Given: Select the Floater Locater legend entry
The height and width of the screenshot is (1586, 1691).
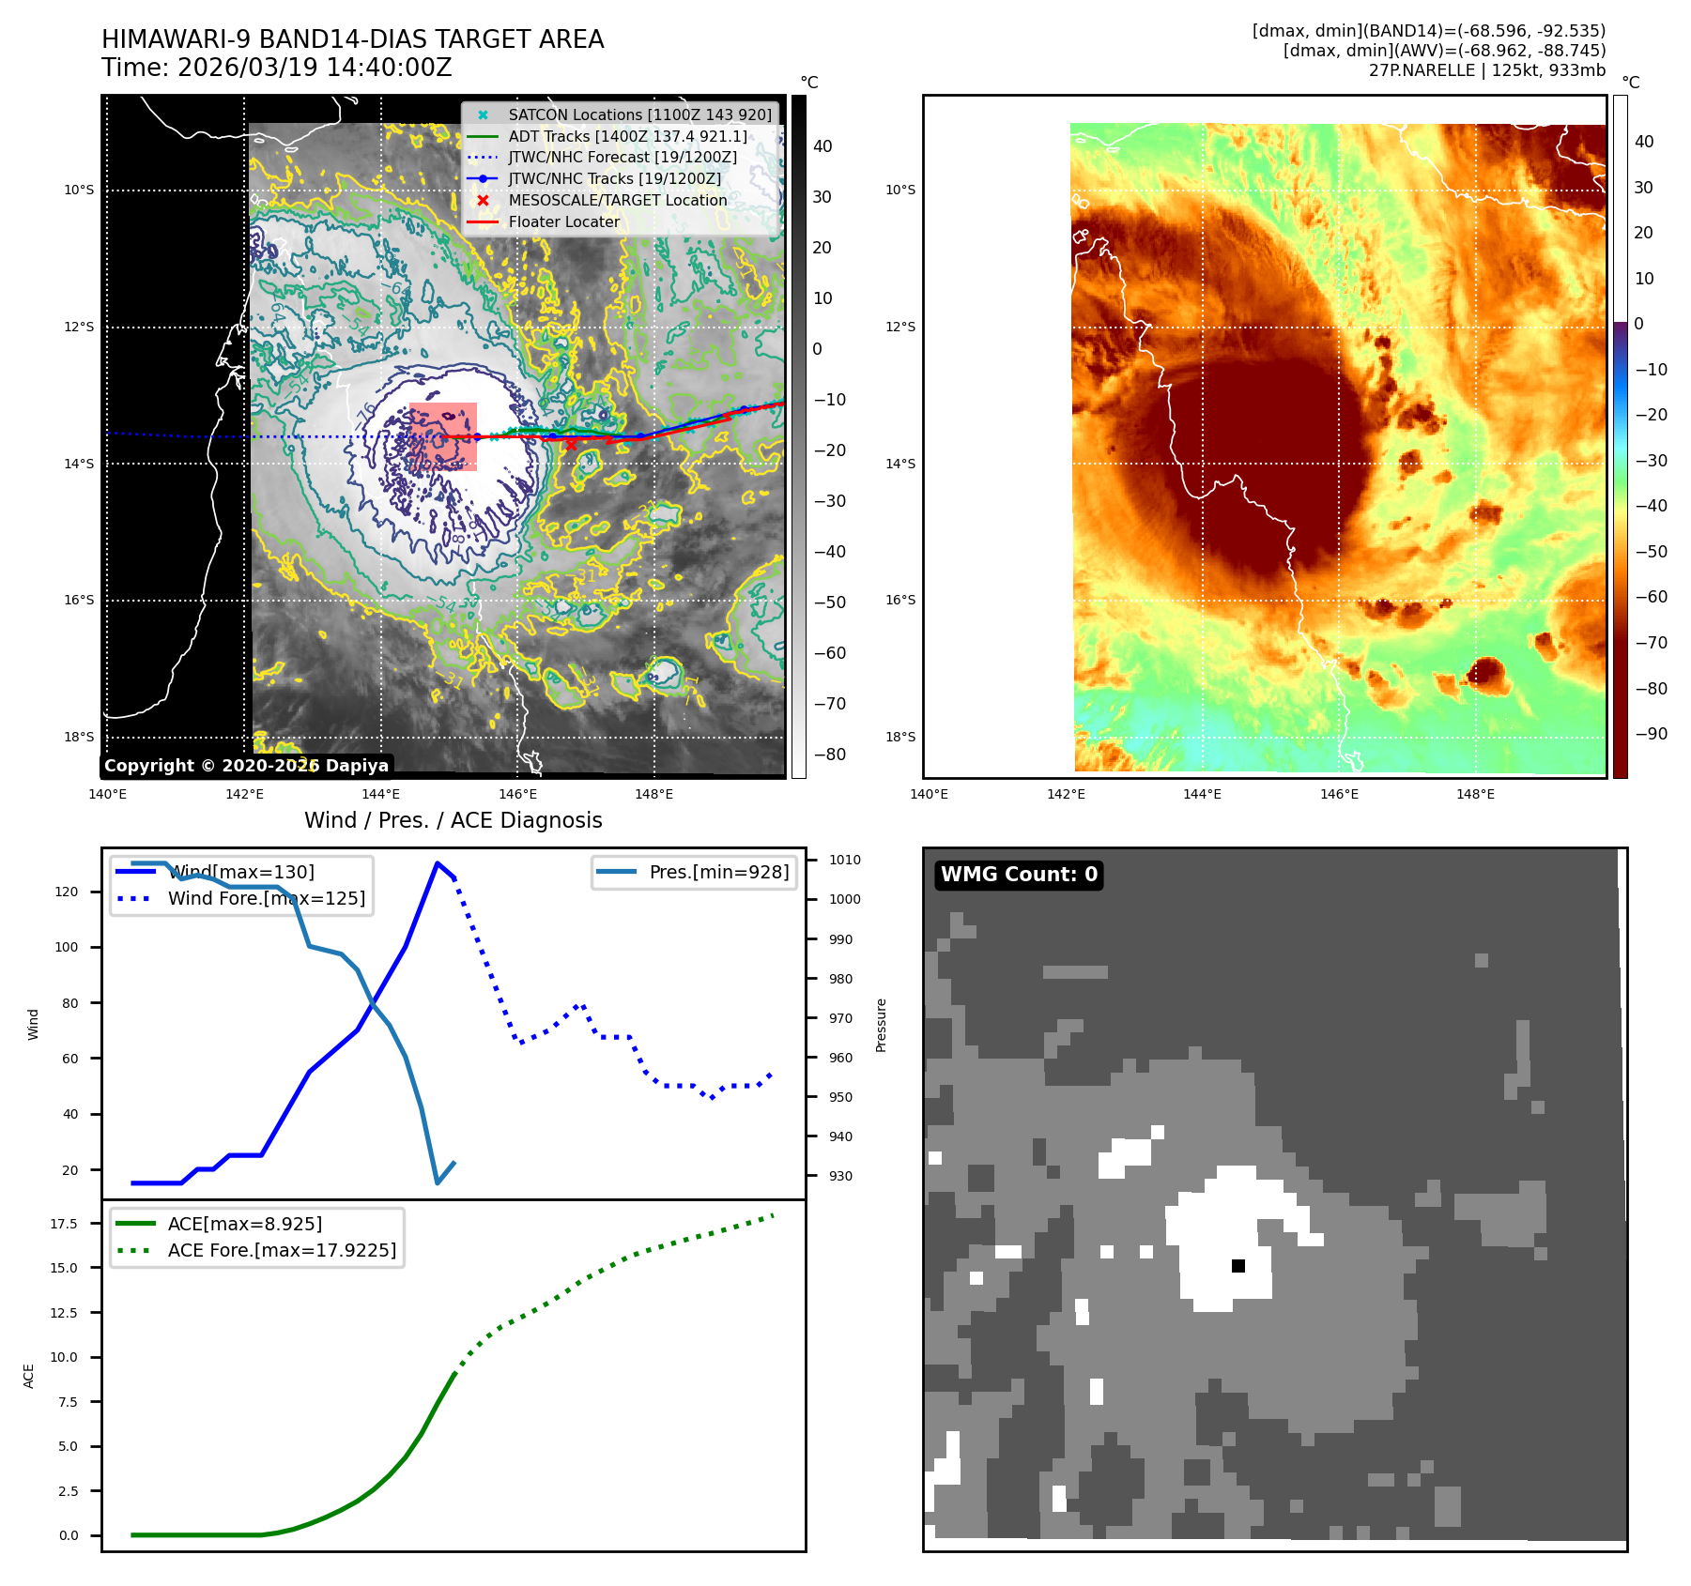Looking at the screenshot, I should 563,221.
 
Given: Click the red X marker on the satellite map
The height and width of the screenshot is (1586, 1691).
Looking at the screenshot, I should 571,445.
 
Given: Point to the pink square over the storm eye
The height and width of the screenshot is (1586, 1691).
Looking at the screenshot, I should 443,436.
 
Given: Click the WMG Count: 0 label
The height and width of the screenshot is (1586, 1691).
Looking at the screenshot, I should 1019,875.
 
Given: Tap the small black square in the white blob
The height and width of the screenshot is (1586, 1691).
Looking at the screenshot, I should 1238,1266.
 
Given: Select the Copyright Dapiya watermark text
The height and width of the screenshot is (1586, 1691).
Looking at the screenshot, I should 246,766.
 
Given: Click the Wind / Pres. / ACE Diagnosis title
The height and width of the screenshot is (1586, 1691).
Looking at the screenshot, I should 453,820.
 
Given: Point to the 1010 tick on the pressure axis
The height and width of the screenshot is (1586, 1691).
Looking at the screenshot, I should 845,860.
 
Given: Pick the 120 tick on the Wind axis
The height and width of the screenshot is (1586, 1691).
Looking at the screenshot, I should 67,892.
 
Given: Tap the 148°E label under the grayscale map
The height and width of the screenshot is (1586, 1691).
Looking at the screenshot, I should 653,794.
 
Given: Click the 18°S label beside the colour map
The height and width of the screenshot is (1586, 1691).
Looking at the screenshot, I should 900,737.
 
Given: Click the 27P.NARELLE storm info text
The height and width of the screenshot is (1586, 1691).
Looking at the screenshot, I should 1486,70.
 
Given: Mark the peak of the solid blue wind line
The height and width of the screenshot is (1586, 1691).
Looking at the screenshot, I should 438,862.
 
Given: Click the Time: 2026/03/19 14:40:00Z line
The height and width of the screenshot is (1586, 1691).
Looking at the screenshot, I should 277,68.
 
